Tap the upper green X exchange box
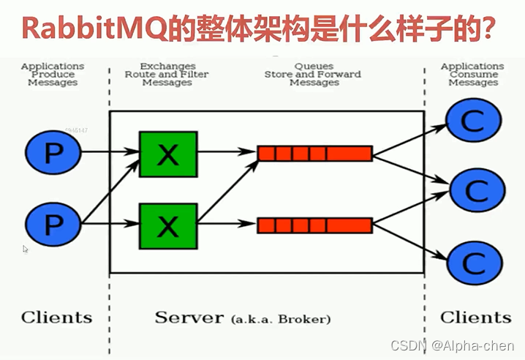click(167, 154)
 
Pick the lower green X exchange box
click(167, 225)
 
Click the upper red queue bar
click(314, 154)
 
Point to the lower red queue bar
click(314, 225)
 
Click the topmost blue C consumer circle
click(473, 121)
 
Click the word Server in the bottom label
click(189, 318)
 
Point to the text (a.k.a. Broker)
click(280, 320)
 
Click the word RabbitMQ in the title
click(80, 29)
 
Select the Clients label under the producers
click(56, 318)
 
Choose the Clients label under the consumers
click(475, 318)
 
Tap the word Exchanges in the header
click(167, 66)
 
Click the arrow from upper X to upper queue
click(227, 154)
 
